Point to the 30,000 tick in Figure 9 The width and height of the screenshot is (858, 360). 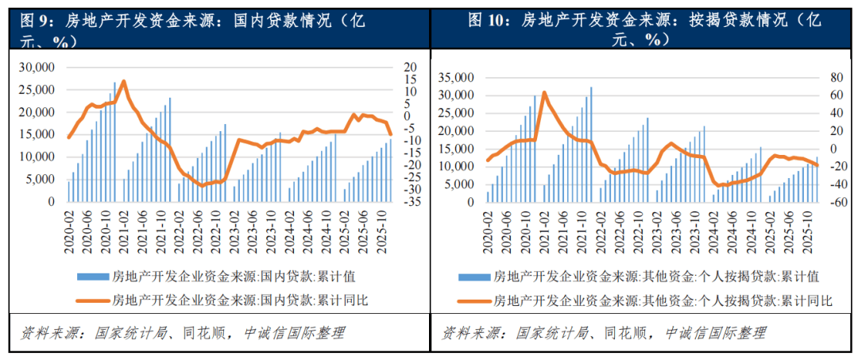[41, 67]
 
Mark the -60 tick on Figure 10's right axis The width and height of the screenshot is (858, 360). [829, 202]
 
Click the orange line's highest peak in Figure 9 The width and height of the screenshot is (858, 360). [123, 81]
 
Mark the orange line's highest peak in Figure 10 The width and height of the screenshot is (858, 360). [544, 92]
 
